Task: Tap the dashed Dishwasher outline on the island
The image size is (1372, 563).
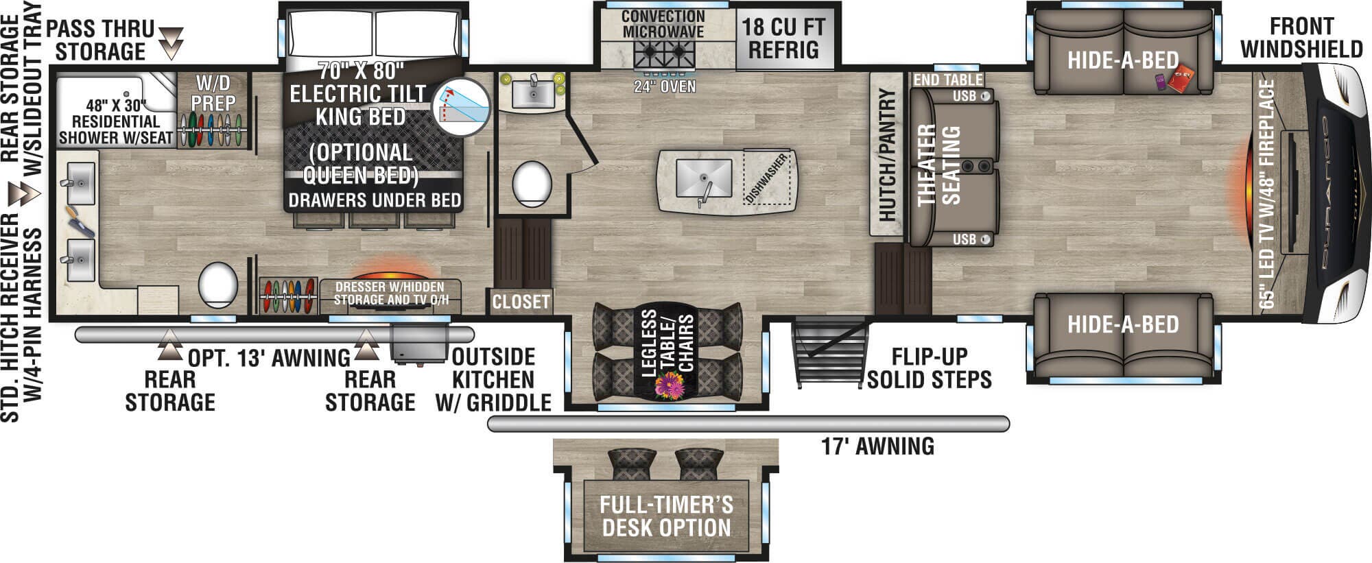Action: tap(767, 177)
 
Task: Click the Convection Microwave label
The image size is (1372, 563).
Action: tap(663, 24)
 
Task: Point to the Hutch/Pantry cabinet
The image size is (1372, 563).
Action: tap(887, 154)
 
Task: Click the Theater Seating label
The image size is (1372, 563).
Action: tap(939, 165)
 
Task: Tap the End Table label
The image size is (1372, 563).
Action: tap(948, 80)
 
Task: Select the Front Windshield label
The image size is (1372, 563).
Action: tap(1301, 38)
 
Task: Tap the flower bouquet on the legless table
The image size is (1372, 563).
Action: tap(670, 386)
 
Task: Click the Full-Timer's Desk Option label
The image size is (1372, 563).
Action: tap(666, 516)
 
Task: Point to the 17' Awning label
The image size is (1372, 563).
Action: tap(877, 446)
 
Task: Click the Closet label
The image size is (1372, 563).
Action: tap(521, 302)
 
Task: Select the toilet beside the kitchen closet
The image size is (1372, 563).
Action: tap(532, 184)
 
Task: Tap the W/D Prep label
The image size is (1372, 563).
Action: tap(213, 93)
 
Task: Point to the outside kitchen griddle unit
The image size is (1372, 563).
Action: tap(419, 342)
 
